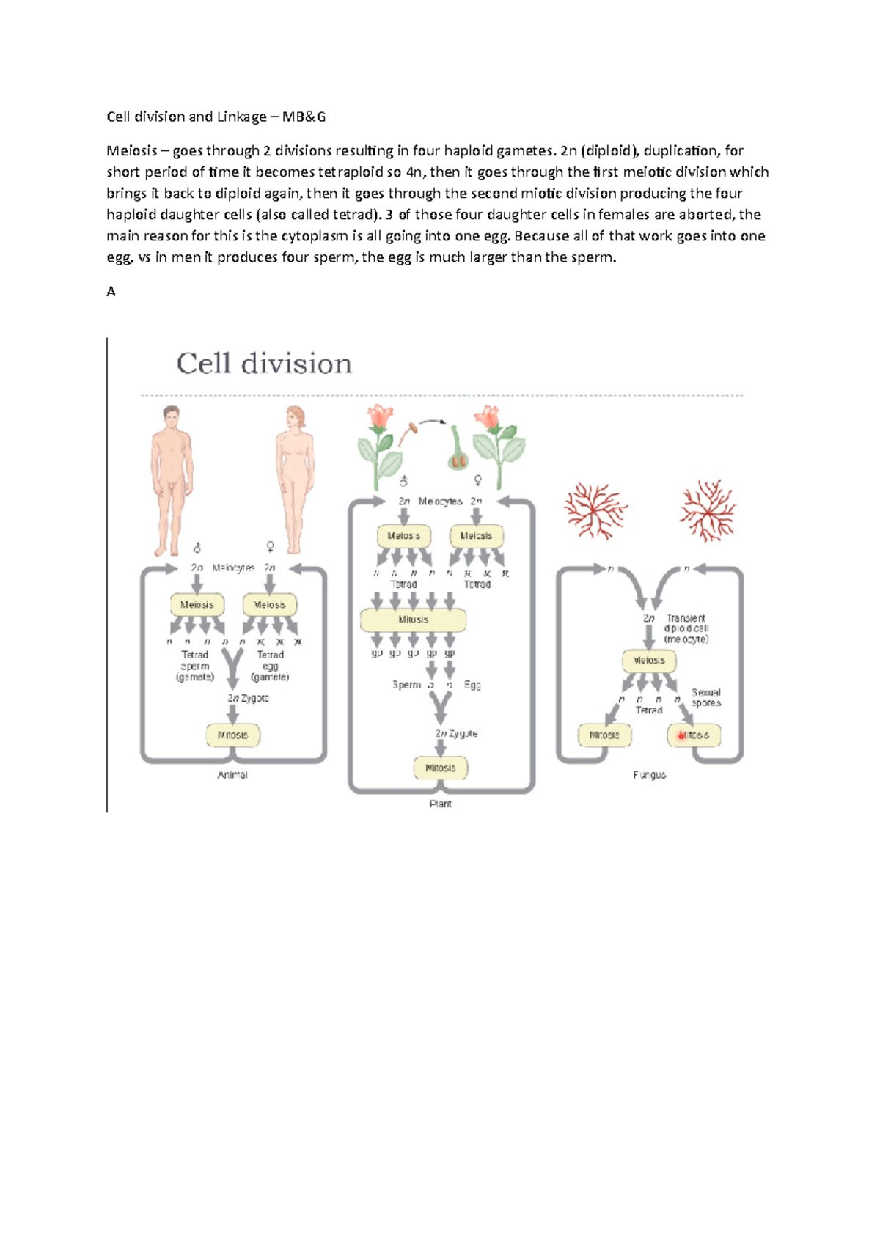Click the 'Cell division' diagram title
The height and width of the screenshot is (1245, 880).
click(x=264, y=364)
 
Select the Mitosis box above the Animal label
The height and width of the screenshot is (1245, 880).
click(x=233, y=735)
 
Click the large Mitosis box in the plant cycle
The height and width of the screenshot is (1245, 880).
click(x=413, y=620)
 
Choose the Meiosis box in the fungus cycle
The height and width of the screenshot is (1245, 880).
click(x=649, y=661)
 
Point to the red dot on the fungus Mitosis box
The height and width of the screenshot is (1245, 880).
click(x=681, y=735)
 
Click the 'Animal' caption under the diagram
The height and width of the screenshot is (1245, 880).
click(x=232, y=775)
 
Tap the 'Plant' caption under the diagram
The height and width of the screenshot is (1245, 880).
click(x=440, y=804)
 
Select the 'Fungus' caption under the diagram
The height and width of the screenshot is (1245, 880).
click(x=650, y=775)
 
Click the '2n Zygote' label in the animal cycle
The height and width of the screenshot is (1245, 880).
click(x=248, y=698)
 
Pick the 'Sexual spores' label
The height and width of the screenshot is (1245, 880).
click(x=706, y=697)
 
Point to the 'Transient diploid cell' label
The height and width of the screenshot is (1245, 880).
click(x=686, y=628)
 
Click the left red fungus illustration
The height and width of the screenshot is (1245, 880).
click(x=595, y=510)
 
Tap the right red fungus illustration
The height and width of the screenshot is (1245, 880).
click(x=708, y=510)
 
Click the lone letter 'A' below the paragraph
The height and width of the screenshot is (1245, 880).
click(x=111, y=292)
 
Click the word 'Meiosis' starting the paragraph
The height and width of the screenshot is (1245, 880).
click(x=132, y=151)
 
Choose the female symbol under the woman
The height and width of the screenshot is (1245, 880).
click(x=270, y=547)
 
